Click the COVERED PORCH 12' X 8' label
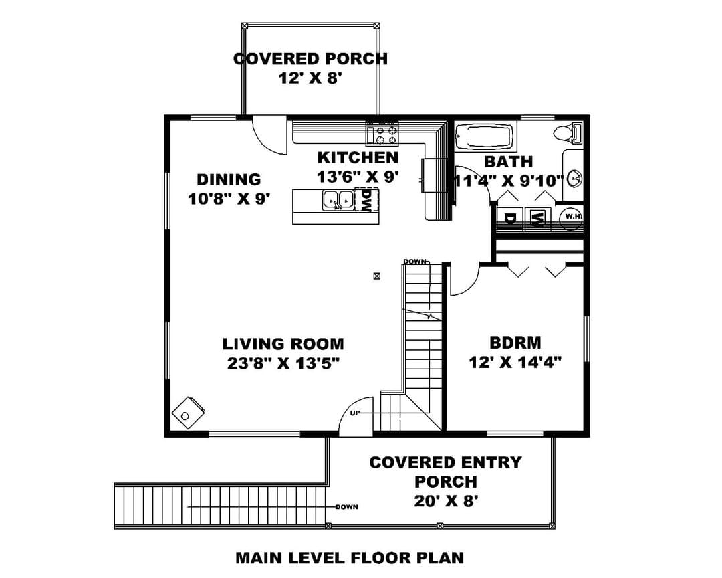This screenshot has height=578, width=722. [310, 68]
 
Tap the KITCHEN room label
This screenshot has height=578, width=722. [358, 157]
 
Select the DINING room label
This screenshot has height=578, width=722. [229, 179]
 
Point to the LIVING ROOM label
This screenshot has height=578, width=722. [283, 344]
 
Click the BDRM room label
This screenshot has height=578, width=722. [515, 343]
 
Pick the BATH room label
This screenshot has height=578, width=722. [508, 161]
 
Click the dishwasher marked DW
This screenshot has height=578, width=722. [366, 200]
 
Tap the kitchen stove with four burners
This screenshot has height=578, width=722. [382, 134]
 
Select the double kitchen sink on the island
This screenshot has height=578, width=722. [338, 200]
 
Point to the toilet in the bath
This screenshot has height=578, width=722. [568, 132]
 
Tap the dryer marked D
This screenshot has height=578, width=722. [509, 219]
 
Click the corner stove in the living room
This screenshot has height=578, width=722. [189, 413]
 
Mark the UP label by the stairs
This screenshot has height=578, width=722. [354, 413]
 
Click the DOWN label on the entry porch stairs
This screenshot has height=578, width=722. [346, 507]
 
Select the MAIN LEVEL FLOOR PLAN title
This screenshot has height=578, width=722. [350, 558]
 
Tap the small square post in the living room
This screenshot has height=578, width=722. [376, 276]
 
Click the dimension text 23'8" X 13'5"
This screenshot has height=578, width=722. [283, 363]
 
